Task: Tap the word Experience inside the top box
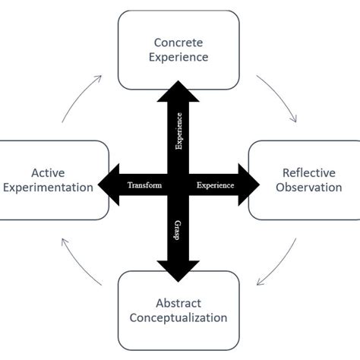[179, 57]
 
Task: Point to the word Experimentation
[48, 188]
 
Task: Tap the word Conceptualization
[179, 317]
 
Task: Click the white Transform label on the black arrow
[144, 185]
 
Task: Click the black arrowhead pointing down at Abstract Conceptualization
[178, 270]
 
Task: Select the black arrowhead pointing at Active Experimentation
[106, 185]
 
